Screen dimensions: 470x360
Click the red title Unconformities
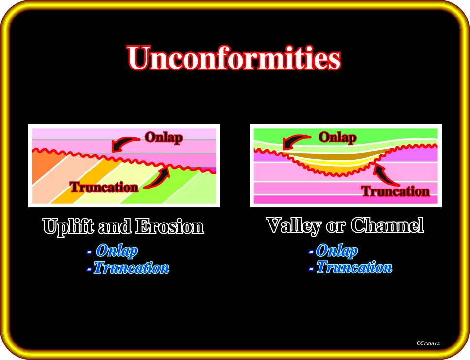point(234,58)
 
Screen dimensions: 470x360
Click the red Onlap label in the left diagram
point(164,137)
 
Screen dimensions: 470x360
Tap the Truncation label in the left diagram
point(104,188)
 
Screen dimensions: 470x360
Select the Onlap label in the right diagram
point(337,137)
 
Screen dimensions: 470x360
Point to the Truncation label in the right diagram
point(395,191)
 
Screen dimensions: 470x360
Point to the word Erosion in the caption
point(169,226)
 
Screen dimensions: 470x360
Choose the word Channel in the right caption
point(387,225)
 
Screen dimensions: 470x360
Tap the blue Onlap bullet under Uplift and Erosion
point(113,251)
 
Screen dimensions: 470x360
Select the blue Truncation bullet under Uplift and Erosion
point(128,268)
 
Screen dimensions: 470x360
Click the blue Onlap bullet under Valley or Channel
point(333,250)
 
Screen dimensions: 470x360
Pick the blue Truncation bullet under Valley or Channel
point(351,267)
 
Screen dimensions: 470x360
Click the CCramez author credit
point(428,343)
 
